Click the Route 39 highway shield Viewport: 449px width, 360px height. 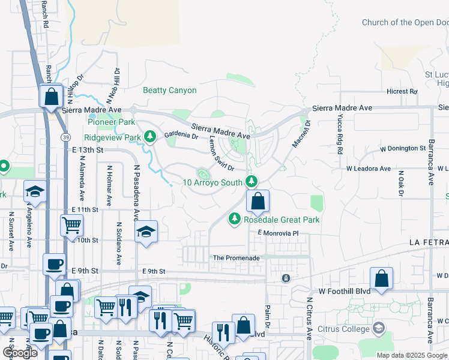click(64, 137)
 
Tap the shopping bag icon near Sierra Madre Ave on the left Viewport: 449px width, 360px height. click(52, 96)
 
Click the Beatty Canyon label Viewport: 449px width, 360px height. click(169, 91)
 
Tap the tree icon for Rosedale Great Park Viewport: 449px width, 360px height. click(235, 220)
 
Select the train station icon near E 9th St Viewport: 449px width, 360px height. click(286, 278)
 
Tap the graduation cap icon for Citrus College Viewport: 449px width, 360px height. click(378, 328)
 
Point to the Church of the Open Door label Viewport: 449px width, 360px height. click(405, 23)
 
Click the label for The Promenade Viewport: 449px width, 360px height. click(237, 258)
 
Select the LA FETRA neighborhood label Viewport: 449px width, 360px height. click(428, 242)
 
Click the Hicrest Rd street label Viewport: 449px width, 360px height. click(402, 92)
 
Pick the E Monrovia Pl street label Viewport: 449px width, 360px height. click(278, 233)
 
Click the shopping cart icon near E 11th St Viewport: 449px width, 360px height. click(71, 226)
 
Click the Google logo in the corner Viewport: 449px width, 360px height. click(19, 353)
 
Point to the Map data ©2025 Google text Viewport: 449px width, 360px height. click(412, 355)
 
